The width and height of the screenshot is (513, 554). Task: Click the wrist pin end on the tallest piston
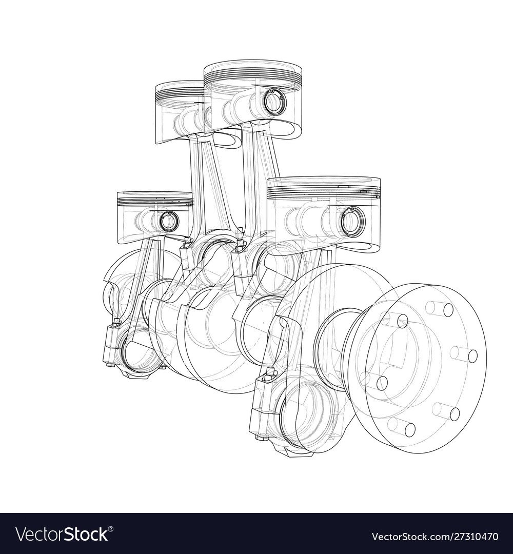(x=273, y=100)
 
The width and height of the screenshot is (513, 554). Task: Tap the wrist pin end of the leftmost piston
(x=169, y=221)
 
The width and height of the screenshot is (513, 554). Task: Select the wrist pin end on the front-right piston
(x=352, y=221)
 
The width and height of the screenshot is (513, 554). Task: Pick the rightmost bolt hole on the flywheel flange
(x=472, y=356)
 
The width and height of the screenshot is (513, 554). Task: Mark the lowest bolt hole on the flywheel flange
(x=409, y=429)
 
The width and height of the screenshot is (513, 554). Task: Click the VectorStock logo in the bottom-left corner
(x=63, y=534)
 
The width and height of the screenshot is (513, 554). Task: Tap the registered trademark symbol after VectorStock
(x=111, y=529)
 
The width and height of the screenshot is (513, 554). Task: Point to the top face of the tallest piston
(x=253, y=68)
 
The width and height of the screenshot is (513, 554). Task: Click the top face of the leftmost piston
(x=155, y=195)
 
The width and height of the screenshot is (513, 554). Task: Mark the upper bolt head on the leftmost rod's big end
(x=116, y=322)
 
